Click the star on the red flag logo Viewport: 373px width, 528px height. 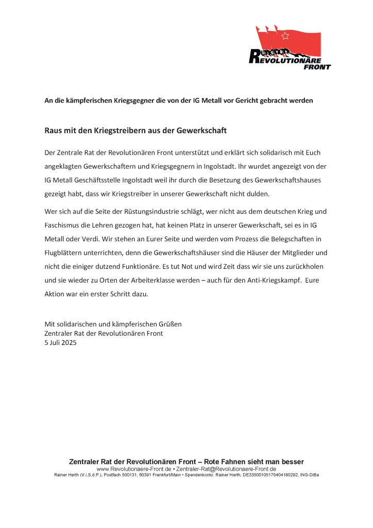coord(285,36)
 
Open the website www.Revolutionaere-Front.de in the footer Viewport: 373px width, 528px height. coord(134,469)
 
